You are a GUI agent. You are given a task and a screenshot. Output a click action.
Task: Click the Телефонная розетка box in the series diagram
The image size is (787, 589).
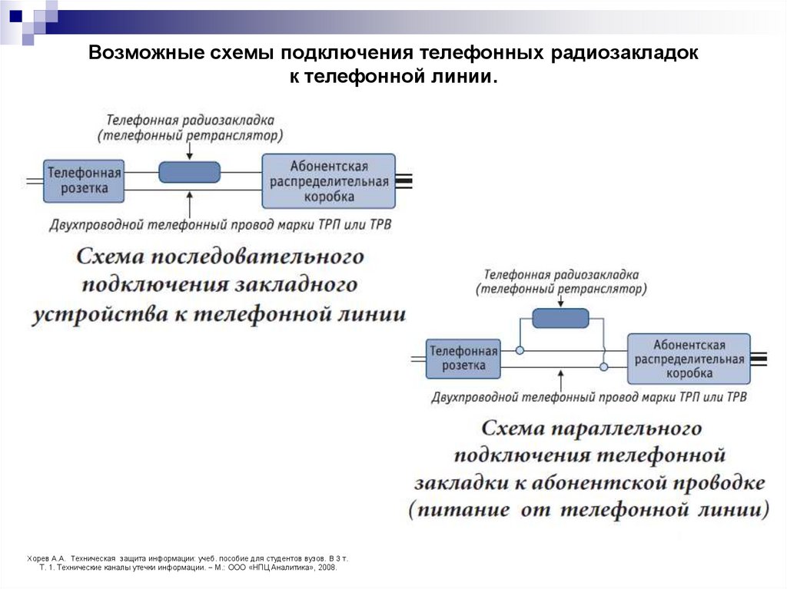(84, 180)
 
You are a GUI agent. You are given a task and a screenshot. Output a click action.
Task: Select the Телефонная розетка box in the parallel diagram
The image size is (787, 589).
(463, 358)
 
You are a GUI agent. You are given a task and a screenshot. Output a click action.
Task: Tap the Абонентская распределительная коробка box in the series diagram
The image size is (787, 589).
(328, 181)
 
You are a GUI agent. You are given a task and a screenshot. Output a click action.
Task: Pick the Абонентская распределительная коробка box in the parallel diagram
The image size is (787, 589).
(689, 359)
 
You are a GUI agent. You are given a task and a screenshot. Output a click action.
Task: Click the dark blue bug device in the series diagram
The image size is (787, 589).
(189, 172)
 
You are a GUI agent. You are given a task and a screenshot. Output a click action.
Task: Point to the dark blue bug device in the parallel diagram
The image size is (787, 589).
(560, 318)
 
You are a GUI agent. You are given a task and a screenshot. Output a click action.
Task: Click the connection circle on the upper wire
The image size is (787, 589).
(520, 350)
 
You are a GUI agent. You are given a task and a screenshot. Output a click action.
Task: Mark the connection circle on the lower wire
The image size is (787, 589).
(603, 367)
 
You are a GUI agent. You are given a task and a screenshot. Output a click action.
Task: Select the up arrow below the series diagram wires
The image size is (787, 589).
(189, 203)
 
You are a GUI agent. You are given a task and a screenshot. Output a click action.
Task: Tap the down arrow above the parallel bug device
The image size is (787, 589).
(560, 301)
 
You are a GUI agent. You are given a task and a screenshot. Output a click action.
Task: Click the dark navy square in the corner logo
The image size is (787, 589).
(15, 15)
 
